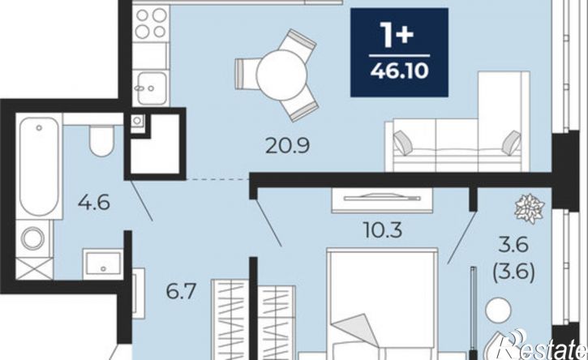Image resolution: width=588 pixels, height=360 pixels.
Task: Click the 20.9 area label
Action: [288, 146]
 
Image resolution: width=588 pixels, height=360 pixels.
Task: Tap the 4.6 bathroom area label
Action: [94, 203]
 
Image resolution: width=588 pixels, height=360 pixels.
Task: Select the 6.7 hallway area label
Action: [181, 291]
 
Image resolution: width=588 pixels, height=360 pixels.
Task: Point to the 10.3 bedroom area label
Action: [384, 230]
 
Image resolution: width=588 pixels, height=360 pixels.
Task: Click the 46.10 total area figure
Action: [399, 71]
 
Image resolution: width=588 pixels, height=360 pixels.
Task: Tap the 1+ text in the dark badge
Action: [397, 35]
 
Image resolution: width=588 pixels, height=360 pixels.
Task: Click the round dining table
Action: [281, 75]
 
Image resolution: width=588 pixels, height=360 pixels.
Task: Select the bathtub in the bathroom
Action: [39, 166]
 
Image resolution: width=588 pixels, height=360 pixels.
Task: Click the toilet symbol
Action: [101, 140]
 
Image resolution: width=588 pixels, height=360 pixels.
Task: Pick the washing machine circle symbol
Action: [32, 238]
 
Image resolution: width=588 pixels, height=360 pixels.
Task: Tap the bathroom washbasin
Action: [103, 264]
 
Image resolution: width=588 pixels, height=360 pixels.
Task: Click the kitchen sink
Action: [152, 88]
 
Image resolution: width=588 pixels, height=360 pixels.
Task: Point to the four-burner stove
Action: [151, 24]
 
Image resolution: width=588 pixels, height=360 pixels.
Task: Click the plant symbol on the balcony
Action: [530, 208]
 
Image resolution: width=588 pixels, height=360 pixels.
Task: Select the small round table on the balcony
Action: [498, 310]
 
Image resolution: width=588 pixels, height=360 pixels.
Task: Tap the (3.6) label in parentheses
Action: [513, 272]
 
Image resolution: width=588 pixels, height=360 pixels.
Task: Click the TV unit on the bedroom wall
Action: [382, 200]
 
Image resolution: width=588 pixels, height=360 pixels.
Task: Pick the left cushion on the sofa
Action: [403, 143]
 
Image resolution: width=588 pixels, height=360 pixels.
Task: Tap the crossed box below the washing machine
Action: [34, 268]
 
